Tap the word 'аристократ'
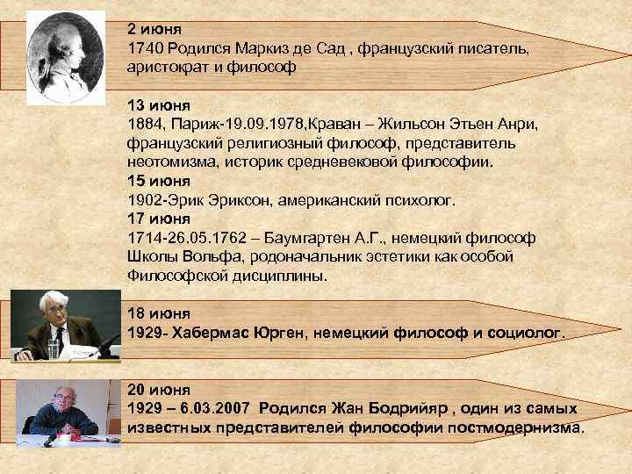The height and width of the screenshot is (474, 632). click(x=169, y=67)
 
